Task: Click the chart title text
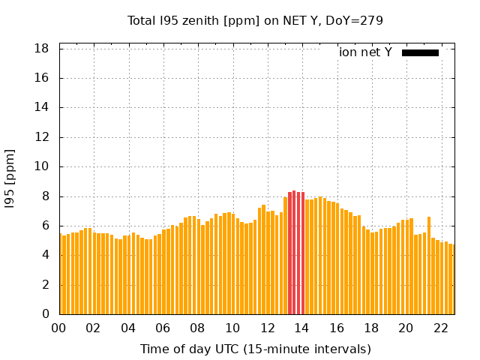[255, 21]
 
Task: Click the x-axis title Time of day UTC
[255, 349]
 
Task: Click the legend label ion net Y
[365, 52]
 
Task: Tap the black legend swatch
[420, 52]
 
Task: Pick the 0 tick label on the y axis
[46, 314]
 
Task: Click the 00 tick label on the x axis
[59, 328]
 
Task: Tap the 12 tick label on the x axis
[267, 328]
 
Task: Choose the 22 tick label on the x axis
[440, 328]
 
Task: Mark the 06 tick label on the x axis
[163, 328]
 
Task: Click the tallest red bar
[294, 253]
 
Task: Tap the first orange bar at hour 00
[61, 274]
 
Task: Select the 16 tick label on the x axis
[337, 328]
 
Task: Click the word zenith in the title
[194, 21]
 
